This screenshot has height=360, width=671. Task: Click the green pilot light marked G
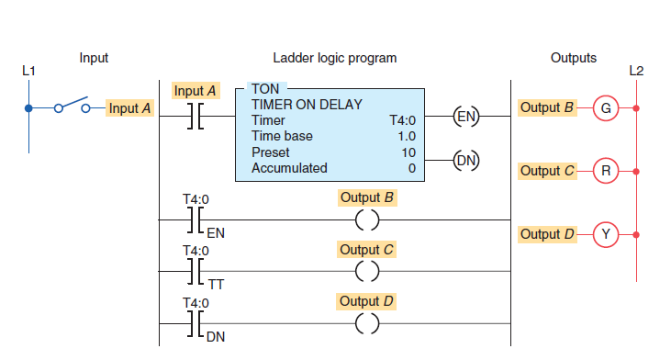tap(605, 108)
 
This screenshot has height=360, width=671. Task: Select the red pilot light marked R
tap(605, 170)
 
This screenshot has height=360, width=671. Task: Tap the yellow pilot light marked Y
tap(605, 234)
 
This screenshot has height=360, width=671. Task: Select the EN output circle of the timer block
tap(466, 117)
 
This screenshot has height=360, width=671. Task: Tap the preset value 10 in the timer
tap(410, 152)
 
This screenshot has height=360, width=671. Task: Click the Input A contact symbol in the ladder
tap(195, 117)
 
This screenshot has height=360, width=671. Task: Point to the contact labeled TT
tap(195, 271)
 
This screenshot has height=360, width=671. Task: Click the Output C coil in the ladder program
tap(367, 271)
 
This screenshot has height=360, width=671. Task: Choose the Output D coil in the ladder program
tap(367, 322)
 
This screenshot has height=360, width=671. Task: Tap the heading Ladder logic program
tap(335, 58)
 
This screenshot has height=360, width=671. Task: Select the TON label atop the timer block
tap(266, 89)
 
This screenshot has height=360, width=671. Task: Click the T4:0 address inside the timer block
tap(404, 120)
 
